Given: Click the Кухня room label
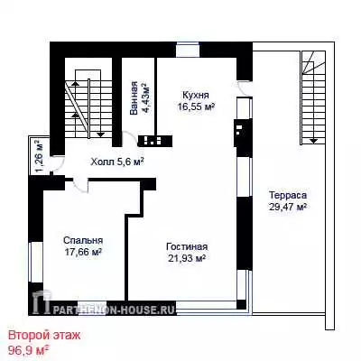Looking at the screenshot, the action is tap(196, 96).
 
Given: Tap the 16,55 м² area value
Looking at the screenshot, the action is tap(196, 106).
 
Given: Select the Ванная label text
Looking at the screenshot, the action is tap(134, 98).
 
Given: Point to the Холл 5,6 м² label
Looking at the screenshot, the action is tap(117, 162).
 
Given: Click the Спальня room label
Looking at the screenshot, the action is tap(83, 241).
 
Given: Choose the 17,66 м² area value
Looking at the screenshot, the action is tap(83, 252).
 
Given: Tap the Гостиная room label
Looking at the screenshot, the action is tap(187, 246).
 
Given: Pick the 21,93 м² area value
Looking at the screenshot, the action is tap(187, 258).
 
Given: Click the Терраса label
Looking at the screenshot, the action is tap(288, 195).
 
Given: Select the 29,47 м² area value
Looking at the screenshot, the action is tap(288, 207).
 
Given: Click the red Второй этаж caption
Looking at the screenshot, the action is tap(44, 335).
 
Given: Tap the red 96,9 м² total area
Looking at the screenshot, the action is tap(29, 350).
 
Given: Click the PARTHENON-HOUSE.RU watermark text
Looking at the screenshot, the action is tap(115, 310).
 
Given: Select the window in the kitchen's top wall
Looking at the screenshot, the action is tap(188, 50).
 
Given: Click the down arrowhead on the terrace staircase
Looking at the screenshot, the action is tap(314, 140).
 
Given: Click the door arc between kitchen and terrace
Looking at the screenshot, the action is tap(245, 89).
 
